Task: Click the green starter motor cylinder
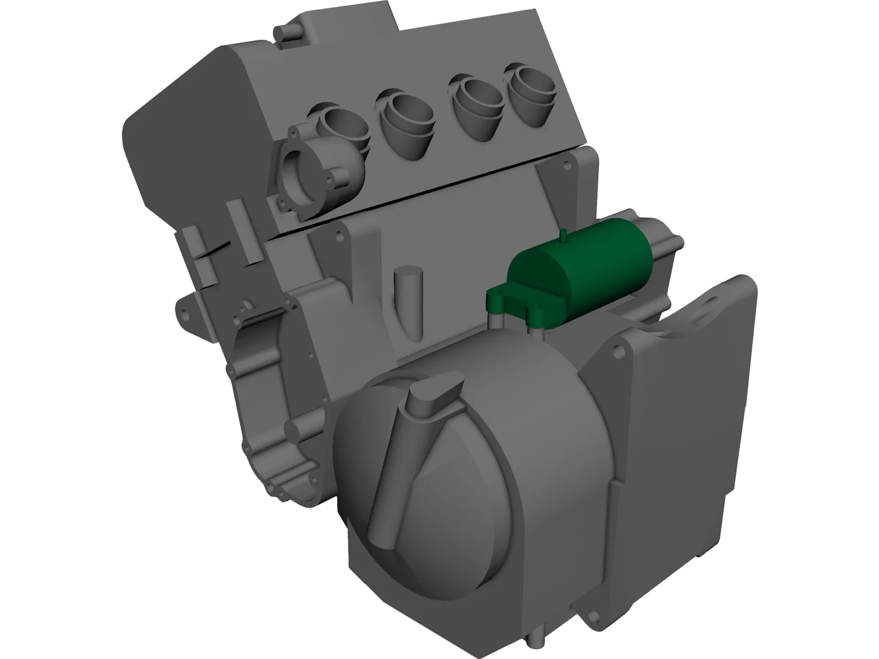click(582, 253)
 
